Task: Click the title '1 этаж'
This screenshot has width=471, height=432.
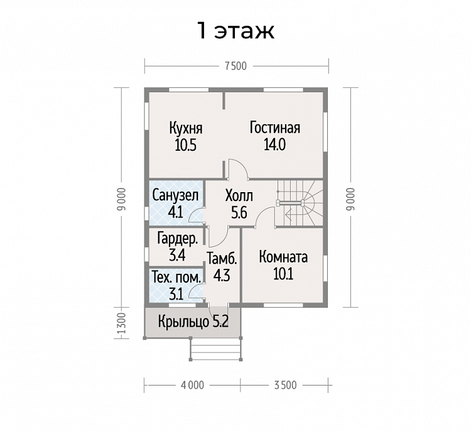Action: pos(235,31)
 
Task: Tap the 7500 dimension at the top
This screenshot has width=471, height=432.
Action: pos(235,66)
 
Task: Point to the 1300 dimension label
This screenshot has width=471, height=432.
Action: pos(121,323)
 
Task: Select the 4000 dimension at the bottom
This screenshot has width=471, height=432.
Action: pos(192,385)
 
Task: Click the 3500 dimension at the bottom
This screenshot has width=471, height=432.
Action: pos(285,385)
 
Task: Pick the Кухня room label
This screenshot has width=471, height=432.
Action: pos(186,128)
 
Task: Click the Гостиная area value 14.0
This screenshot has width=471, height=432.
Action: pos(274,145)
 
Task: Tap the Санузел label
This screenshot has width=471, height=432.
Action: pos(175,195)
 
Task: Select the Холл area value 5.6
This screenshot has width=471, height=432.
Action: pos(239,213)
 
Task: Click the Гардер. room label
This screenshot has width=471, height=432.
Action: pos(178,239)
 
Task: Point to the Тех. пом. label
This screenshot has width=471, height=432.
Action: pos(176,278)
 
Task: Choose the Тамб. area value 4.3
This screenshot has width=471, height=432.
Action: pos(222,275)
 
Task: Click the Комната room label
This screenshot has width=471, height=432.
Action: pos(283,257)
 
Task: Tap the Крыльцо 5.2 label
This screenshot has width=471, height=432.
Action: pos(193,321)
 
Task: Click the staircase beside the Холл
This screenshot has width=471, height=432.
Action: pos(300,203)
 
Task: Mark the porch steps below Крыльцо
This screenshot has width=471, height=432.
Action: pos(216,349)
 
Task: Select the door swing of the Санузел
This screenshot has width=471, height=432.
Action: pos(197,215)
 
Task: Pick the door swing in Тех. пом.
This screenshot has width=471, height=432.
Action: pos(197,291)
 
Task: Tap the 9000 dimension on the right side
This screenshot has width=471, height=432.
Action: pos(350,199)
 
